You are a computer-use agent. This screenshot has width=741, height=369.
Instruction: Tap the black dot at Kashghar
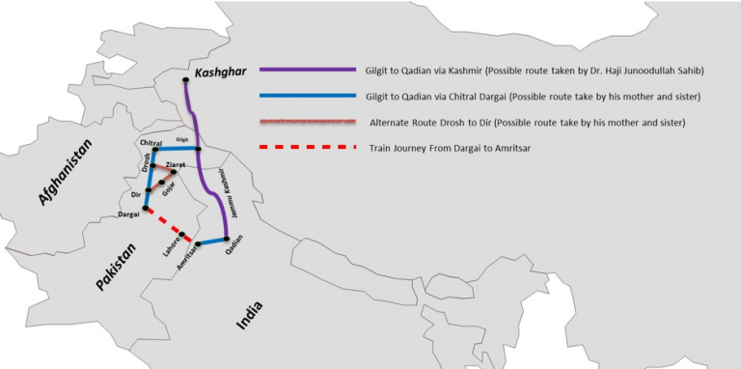(x=186, y=83)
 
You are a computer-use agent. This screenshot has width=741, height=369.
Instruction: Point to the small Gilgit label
(x=182, y=141)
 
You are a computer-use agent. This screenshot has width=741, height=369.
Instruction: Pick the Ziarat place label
(x=176, y=165)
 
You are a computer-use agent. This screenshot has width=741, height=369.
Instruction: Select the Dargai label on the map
(x=128, y=213)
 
